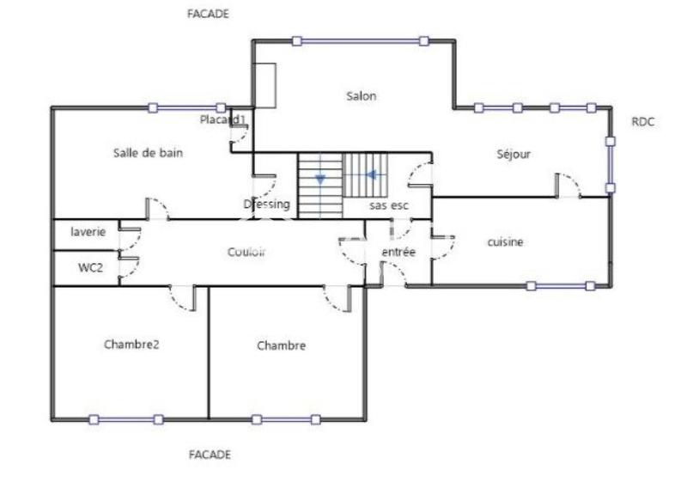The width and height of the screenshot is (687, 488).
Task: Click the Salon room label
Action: (361, 96)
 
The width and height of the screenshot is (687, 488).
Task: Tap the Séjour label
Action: (514, 155)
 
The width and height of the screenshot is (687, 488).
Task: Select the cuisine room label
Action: (505, 242)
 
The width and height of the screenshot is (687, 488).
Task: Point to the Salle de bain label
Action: (148, 153)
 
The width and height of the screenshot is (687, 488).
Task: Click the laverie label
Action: (88, 232)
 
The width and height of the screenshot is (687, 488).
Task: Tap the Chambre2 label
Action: (132, 345)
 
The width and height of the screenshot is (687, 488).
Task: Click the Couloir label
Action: (246, 252)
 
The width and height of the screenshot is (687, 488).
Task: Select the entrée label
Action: (398, 253)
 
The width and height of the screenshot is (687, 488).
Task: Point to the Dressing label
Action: (267, 204)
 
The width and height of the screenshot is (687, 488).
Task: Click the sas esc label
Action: (388, 206)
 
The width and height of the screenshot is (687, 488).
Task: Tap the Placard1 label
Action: (223, 119)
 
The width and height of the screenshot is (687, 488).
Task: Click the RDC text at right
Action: (642, 122)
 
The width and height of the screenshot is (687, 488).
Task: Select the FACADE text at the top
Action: (209, 15)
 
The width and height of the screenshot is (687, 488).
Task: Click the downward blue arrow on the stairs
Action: (320, 179)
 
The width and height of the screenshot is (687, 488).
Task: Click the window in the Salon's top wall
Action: (360, 40)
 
